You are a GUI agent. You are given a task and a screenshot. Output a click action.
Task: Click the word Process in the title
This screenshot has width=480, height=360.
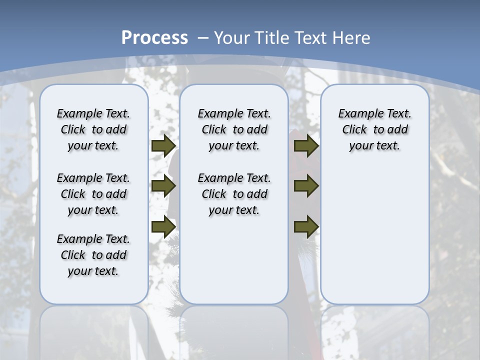154,37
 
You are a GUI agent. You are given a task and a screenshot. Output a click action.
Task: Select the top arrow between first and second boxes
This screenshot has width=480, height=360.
163,146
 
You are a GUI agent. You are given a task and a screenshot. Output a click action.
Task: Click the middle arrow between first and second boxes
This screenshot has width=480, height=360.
163,186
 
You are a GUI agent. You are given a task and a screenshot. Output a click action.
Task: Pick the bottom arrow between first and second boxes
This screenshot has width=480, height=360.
163,226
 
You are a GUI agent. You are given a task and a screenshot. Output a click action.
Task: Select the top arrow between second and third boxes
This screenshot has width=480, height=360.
306,146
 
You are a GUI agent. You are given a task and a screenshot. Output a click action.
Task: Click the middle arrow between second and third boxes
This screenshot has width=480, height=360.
306,186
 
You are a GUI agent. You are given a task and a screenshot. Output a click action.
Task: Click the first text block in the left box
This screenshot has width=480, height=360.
93,129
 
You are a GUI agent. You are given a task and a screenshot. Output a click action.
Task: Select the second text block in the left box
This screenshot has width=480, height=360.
93,194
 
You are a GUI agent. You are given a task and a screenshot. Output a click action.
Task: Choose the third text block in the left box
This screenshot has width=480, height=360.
93,255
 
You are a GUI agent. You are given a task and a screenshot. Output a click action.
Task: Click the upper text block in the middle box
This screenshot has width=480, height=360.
234,129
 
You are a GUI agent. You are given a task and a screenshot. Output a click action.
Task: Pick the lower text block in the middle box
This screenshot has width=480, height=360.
234,194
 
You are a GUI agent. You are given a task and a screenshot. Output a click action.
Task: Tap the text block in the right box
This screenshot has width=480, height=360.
374,129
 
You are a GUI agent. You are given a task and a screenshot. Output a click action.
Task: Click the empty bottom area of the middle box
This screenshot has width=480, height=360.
234,265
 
